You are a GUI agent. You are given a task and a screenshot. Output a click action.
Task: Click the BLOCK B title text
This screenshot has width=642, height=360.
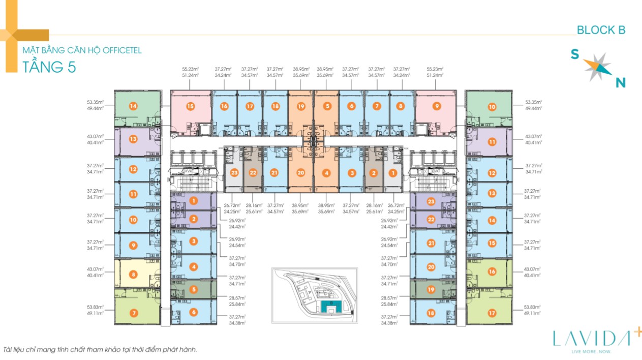(x=601, y=31)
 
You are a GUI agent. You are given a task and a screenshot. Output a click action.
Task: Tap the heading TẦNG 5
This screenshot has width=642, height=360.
(x=49, y=67)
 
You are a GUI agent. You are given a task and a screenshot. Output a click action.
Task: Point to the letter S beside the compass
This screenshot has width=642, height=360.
(x=574, y=54)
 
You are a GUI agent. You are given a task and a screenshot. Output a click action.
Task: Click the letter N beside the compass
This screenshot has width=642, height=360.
(x=620, y=82)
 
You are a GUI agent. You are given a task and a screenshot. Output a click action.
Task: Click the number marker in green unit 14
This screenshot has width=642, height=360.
(x=133, y=106)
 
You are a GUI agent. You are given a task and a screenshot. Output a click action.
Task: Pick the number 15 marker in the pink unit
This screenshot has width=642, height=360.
(x=190, y=107)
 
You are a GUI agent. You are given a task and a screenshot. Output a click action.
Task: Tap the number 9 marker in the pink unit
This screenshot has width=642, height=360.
(x=436, y=107)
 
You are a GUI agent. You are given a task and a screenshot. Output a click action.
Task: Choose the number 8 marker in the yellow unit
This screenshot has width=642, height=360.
(x=133, y=275)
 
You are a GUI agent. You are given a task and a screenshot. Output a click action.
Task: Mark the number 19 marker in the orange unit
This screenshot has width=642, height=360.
(x=301, y=107)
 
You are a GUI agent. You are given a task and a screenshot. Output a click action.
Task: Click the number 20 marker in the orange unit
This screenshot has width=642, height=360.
(x=301, y=173)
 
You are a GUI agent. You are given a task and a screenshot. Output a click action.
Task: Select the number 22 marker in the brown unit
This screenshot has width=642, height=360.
(x=253, y=173)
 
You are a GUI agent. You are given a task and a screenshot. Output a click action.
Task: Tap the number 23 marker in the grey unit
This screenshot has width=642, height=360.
(x=234, y=173)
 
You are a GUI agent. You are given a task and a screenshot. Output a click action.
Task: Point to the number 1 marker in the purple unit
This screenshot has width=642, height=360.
(x=194, y=201)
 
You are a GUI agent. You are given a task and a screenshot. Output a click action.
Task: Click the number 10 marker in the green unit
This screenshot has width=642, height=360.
(x=492, y=107)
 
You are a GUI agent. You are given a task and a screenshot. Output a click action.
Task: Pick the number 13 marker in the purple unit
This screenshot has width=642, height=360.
(x=133, y=139)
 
